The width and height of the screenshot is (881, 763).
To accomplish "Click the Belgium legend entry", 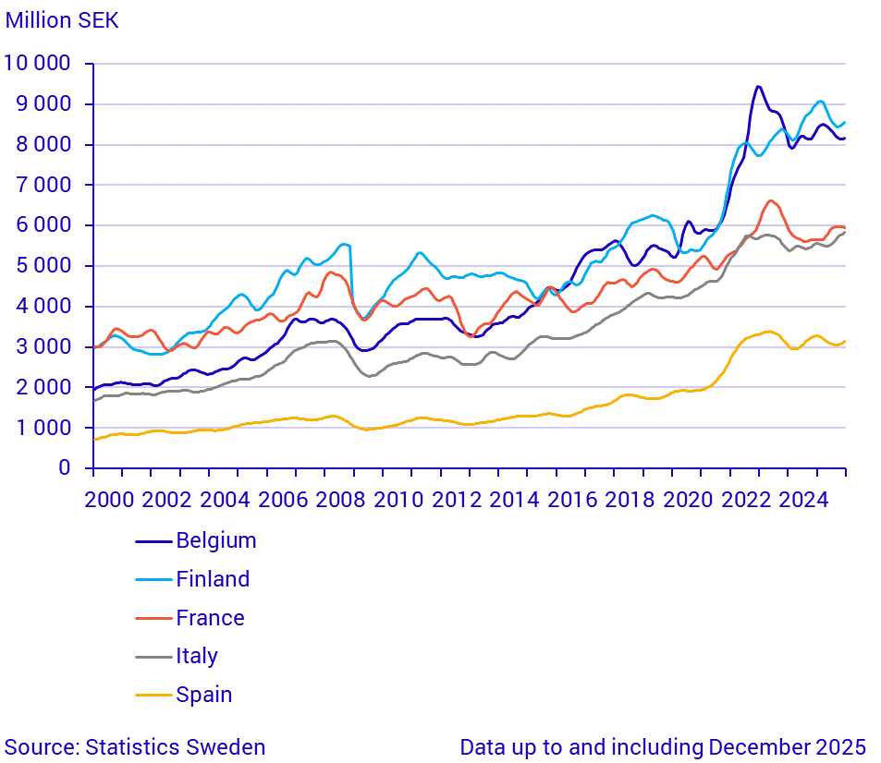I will [215, 540].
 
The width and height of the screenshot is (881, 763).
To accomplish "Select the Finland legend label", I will [213, 579].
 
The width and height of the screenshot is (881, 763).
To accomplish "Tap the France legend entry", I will [210, 618].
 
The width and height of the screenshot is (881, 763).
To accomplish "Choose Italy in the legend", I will [197, 657].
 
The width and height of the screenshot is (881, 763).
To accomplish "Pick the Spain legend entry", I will [203, 695].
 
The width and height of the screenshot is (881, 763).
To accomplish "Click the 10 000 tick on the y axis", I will [38, 64].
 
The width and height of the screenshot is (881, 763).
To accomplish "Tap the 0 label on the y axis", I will [64, 468].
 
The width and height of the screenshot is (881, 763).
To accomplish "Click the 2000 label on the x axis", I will [108, 500].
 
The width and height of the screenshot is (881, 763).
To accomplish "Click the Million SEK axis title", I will [62, 20].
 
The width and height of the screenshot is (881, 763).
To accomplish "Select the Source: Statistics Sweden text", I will [135, 747].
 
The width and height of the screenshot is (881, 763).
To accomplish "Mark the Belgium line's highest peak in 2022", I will [758, 86].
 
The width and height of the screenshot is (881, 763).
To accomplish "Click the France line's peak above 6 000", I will [770, 200].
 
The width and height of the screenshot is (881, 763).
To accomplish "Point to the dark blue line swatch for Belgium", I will [153, 540].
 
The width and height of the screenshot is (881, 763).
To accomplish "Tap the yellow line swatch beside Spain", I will [153, 695].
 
